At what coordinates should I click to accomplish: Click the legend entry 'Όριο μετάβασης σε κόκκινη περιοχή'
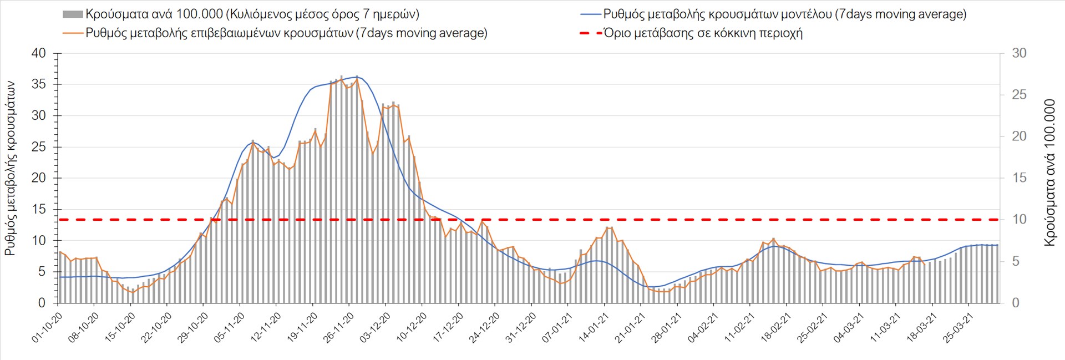point(702,33)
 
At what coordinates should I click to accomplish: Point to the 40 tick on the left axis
point(39,54)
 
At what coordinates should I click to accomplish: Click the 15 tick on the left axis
point(39,210)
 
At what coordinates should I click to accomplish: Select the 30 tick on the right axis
point(1019,54)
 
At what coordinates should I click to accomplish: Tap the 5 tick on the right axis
point(1016,261)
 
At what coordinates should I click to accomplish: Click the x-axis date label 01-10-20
point(47,327)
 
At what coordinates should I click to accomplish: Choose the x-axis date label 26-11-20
point(338,327)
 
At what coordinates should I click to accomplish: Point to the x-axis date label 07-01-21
point(557,327)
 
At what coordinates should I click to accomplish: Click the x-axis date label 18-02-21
point(775,327)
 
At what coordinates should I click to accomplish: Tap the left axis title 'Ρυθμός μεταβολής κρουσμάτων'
point(11,168)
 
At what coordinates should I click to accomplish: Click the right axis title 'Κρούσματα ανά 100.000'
point(1049,173)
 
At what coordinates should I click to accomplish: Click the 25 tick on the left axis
point(39,148)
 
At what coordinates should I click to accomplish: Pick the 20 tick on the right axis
point(1019,136)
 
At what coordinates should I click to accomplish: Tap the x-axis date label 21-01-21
point(630,327)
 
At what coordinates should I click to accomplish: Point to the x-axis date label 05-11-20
point(229,327)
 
